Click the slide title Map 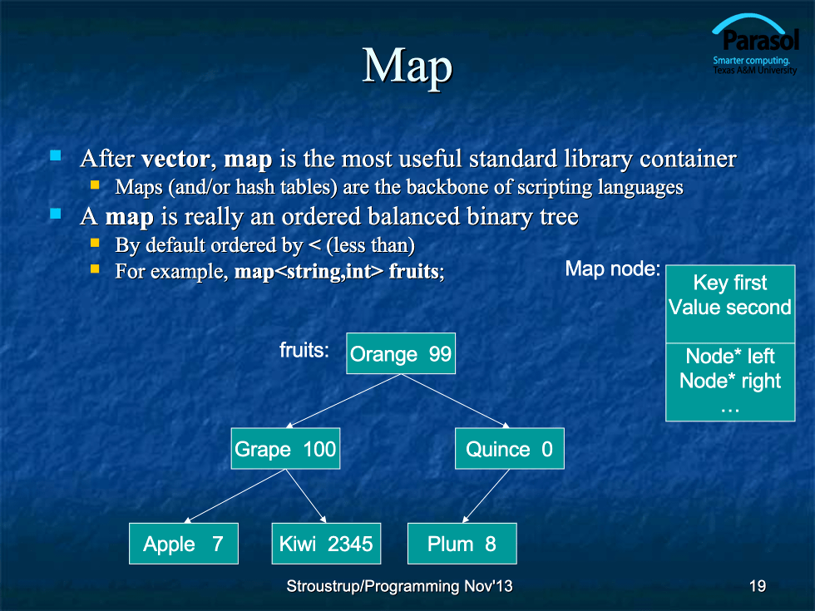point(407,66)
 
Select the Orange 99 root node point(401,353)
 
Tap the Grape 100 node point(285,448)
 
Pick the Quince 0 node point(509,448)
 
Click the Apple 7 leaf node point(184,544)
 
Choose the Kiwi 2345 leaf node point(326,544)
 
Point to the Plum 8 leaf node point(462,544)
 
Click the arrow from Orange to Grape point(343,401)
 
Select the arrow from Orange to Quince point(456,401)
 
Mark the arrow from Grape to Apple point(235,496)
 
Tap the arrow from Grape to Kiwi point(306,496)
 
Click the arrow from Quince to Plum point(486,496)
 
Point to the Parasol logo point(755,45)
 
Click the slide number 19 point(758,586)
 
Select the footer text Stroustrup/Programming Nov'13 point(399,586)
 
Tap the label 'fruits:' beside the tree point(304,350)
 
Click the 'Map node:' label point(612,269)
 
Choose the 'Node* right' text point(730,381)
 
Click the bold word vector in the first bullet point(175,159)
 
